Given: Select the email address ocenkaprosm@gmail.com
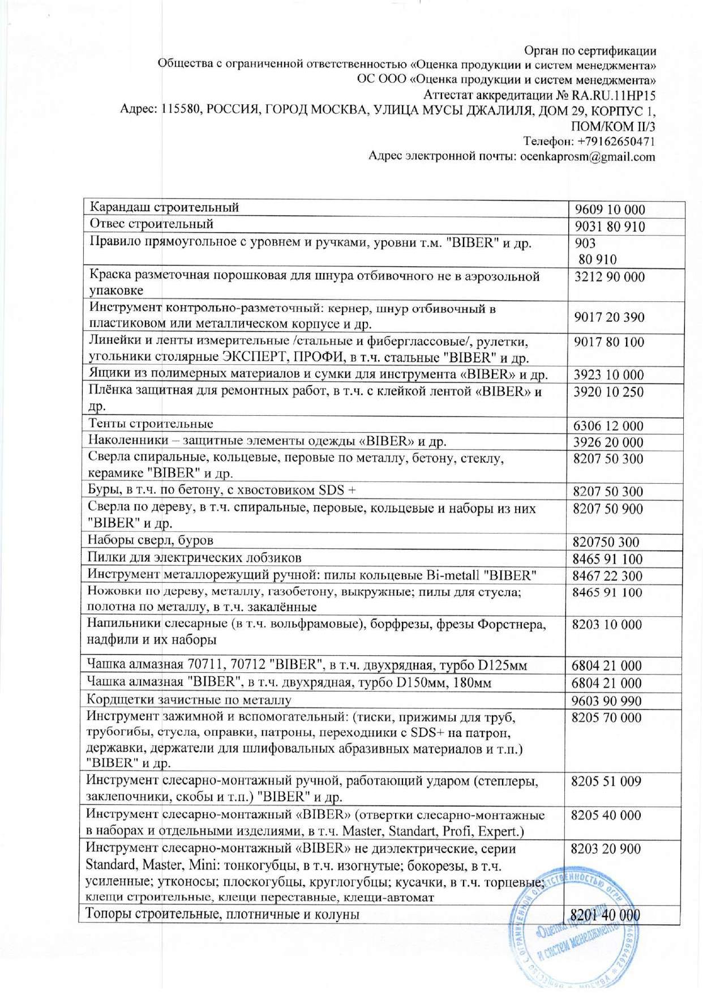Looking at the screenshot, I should tap(588, 156).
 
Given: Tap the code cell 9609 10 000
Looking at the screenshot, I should tap(610, 210).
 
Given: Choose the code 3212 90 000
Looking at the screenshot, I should tap(609, 277).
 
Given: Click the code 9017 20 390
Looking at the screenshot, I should tap(609, 317).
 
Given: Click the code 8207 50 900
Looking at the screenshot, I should tap(608, 509).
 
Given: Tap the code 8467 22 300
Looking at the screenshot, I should tap(607, 576).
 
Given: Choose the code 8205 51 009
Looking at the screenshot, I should tap(606, 782).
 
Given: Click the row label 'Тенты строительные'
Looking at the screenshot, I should tap(151, 424).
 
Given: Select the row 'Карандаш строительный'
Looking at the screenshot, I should tap(165, 207).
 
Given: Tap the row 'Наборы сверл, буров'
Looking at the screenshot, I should tap(150, 540).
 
